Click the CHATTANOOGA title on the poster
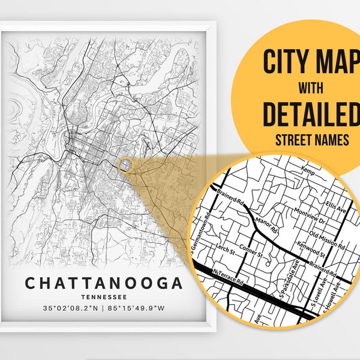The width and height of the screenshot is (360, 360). click(x=103, y=283)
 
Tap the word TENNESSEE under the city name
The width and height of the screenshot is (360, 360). click(x=103, y=296)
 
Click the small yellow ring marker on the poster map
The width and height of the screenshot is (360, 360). click(x=125, y=165)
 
